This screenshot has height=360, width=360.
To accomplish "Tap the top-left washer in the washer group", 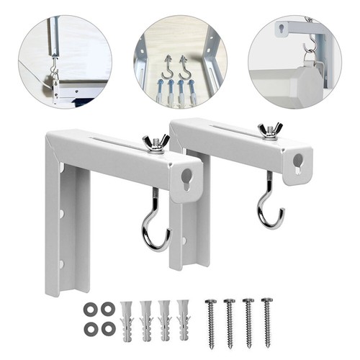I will tap(90, 308).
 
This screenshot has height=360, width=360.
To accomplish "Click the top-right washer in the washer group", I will tap(109, 308).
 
